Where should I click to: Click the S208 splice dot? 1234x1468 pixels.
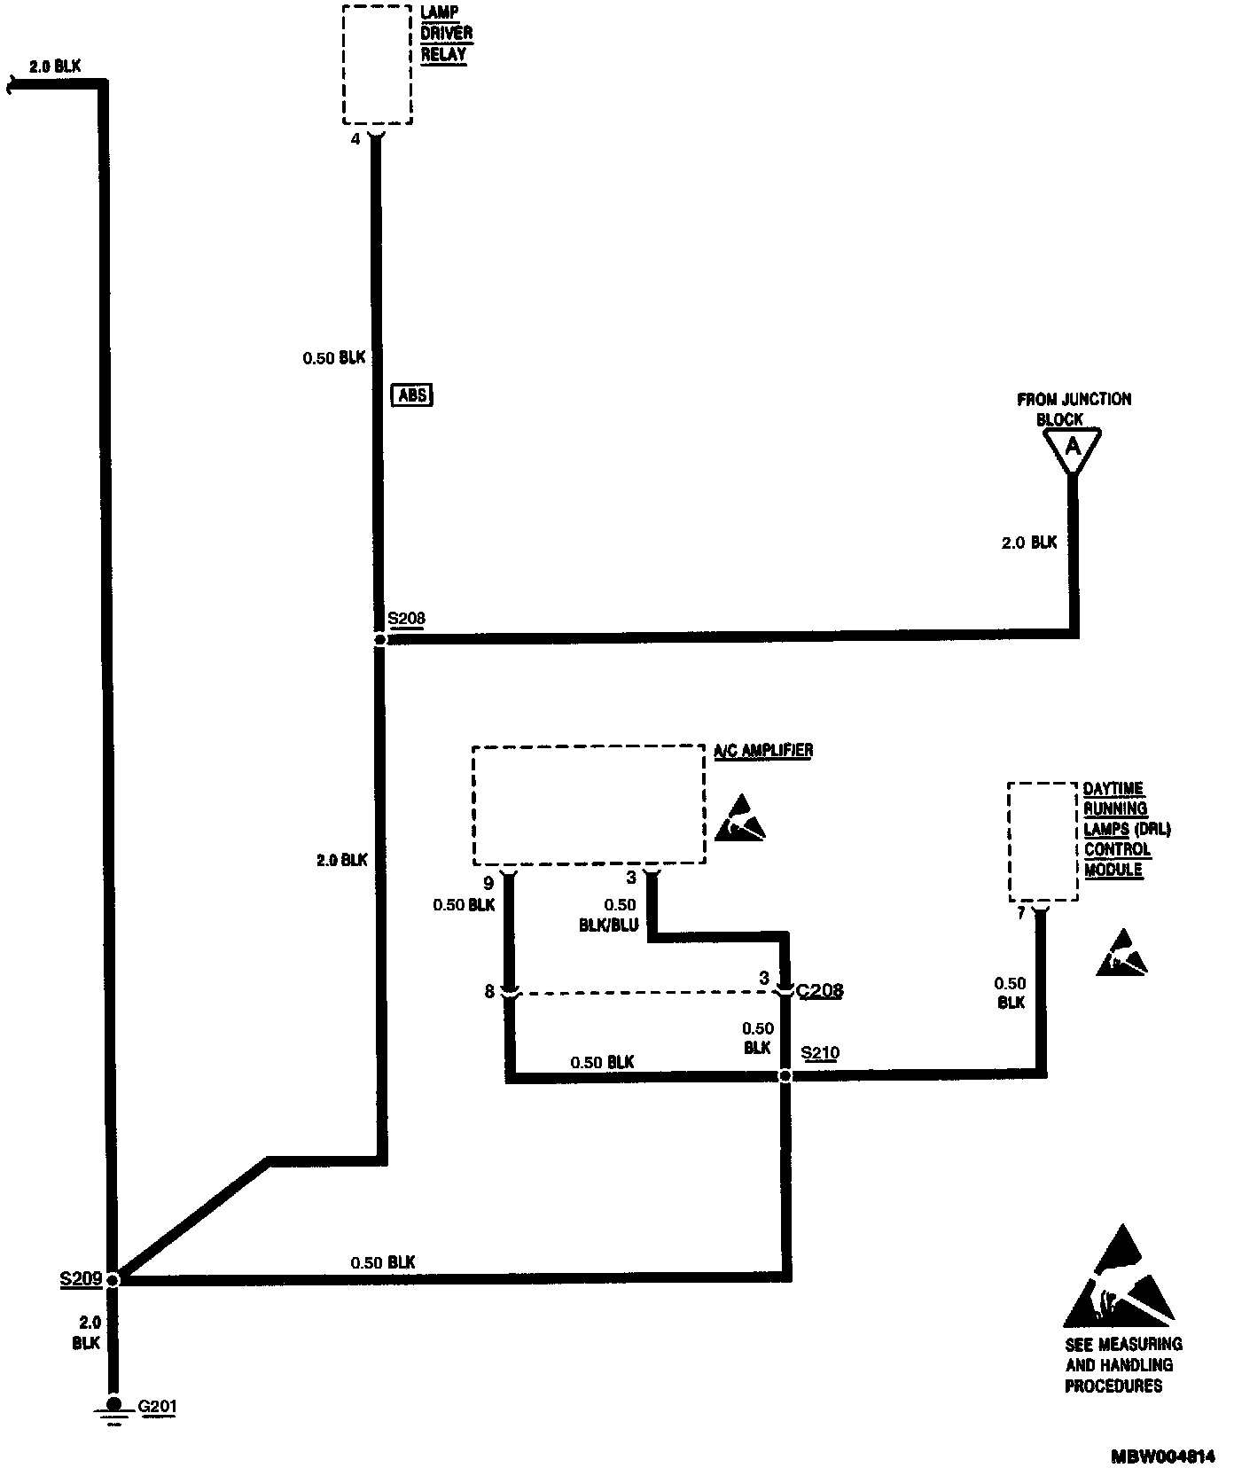click(379, 639)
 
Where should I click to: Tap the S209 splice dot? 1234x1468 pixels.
click(113, 1279)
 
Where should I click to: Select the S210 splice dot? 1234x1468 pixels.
click(785, 1076)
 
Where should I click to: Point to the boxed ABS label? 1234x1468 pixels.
click(412, 394)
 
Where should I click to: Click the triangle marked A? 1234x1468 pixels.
click(1073, 449)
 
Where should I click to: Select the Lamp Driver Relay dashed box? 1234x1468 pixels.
click(378, 64)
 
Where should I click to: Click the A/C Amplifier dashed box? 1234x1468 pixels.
click(589, 805)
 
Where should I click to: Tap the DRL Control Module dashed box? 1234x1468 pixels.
click(1043, 841)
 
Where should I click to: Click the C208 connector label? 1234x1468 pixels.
click(820, 990)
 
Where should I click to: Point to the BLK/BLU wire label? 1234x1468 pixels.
click(609, 925)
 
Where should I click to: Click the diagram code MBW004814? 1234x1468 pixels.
click(1163, 1456)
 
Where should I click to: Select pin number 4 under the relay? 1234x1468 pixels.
click(355, 139)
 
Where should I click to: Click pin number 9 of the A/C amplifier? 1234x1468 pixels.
click(488, 883)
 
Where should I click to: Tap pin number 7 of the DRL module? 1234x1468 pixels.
click(1021, 913)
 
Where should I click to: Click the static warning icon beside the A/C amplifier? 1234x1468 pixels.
click(739, 818)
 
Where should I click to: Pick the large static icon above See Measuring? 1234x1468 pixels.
click(1121, 1276)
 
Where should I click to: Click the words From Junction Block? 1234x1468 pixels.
click(1074, 409)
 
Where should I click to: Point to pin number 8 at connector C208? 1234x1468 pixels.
click(488, 992)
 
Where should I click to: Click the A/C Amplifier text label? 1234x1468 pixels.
click(763, 750)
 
